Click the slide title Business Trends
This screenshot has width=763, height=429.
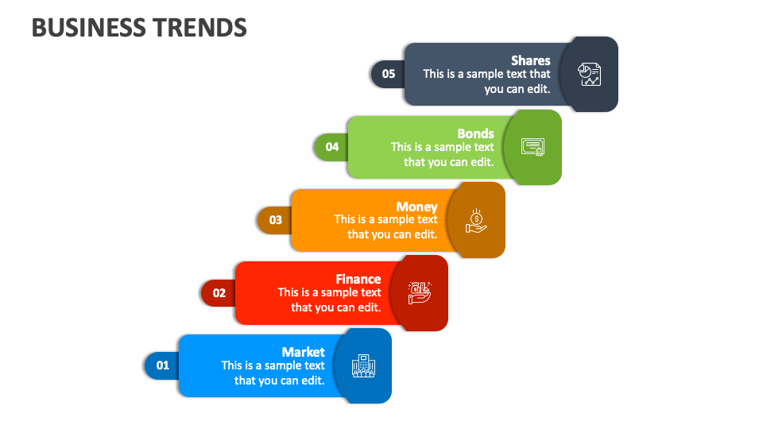(139, 28)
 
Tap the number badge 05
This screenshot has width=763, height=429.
(388, 74)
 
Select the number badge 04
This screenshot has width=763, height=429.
(331, 146)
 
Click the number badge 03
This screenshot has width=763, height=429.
(275, 219)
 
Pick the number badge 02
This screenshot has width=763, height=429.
(219, 292)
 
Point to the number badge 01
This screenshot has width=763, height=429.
(162, 365)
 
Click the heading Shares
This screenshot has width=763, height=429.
(530, 60)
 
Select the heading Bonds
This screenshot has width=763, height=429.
(475, 133)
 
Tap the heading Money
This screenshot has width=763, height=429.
(417, 207)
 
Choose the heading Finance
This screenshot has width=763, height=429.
(358, 279)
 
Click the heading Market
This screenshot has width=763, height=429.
(303, 352)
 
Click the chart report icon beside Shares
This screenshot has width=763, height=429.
(590, 74)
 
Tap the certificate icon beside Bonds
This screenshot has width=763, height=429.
(533, 147)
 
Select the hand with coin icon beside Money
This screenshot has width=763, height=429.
(476, 220)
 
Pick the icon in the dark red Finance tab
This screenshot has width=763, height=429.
(420, 292)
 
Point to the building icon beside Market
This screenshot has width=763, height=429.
(363, 365)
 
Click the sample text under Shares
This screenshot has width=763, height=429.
(486, 81)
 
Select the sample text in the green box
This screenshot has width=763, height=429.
(443, 154)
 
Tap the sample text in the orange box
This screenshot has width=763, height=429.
(386, 227)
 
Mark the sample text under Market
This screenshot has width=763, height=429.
(273, 373)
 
